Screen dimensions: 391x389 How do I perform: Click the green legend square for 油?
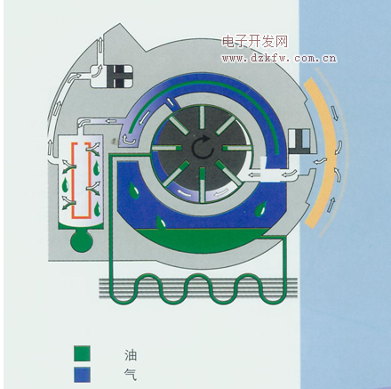82,353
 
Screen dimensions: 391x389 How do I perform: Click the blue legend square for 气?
82,375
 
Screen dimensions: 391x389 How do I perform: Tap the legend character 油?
131,355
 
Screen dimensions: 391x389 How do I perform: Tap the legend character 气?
131,375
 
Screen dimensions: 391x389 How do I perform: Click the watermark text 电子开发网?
255,41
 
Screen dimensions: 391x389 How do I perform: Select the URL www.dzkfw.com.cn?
279,58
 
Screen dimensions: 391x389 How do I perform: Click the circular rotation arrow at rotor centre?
203,146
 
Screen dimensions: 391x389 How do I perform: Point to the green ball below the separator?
82,241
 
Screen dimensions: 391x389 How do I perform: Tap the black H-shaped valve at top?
120,77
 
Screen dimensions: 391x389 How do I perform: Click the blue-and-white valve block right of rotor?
299,142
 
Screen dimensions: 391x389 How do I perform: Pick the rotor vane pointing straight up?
203,117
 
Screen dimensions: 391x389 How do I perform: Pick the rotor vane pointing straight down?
203,185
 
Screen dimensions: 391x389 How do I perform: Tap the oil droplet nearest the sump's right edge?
261,210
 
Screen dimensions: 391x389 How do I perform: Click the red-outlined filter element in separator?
81,181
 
